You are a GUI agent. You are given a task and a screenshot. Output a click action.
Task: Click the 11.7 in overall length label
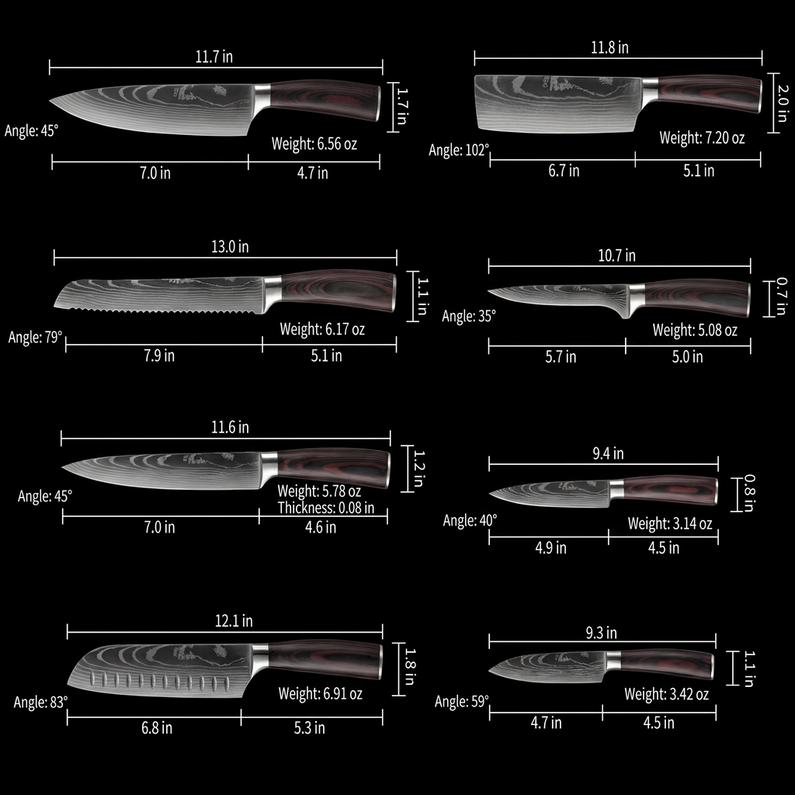215,57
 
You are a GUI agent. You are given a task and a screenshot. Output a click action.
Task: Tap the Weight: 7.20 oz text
702,138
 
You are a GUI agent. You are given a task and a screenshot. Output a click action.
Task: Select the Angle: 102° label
459,150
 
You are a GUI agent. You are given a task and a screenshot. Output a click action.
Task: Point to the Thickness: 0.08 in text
326,509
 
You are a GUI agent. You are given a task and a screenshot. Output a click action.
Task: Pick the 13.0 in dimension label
230,247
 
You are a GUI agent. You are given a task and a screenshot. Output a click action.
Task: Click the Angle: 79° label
35,338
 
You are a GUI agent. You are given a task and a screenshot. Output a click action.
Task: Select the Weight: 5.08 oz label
695,331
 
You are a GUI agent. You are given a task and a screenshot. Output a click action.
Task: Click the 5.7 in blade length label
560,357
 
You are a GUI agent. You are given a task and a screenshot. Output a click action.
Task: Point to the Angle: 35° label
469,316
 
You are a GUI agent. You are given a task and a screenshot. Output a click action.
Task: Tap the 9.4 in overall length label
608,454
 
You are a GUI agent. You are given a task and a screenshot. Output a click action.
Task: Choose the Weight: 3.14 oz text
670,524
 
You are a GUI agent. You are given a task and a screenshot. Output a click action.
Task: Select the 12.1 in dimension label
234,621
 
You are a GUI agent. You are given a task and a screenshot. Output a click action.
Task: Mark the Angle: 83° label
41,702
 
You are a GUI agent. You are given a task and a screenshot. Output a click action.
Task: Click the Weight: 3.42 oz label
666,694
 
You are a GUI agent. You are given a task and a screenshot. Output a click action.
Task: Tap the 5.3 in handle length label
309,728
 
